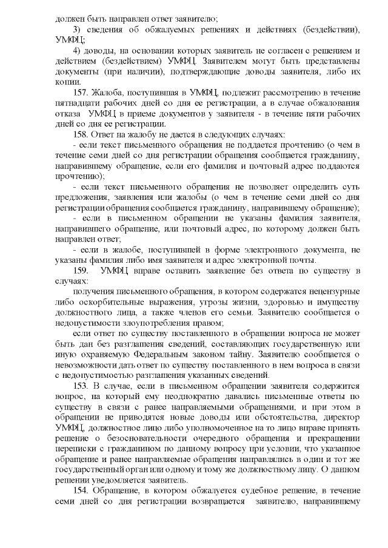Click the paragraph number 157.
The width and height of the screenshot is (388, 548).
[81, 92]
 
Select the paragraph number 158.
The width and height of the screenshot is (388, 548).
[81, 133]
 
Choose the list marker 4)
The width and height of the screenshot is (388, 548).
[77, 50]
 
